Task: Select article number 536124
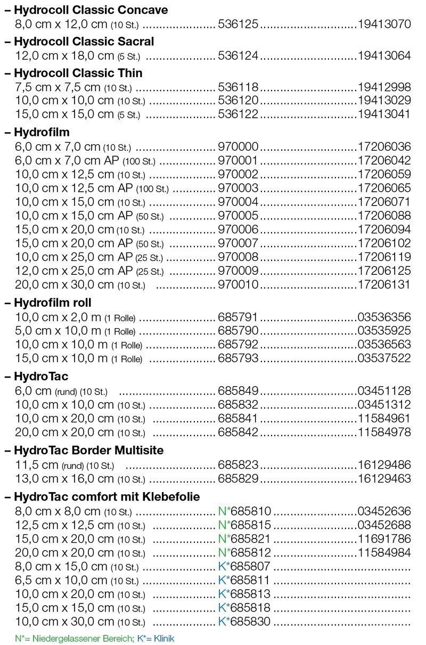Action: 238,55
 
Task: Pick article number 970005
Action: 238,215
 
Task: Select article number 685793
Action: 238,358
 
